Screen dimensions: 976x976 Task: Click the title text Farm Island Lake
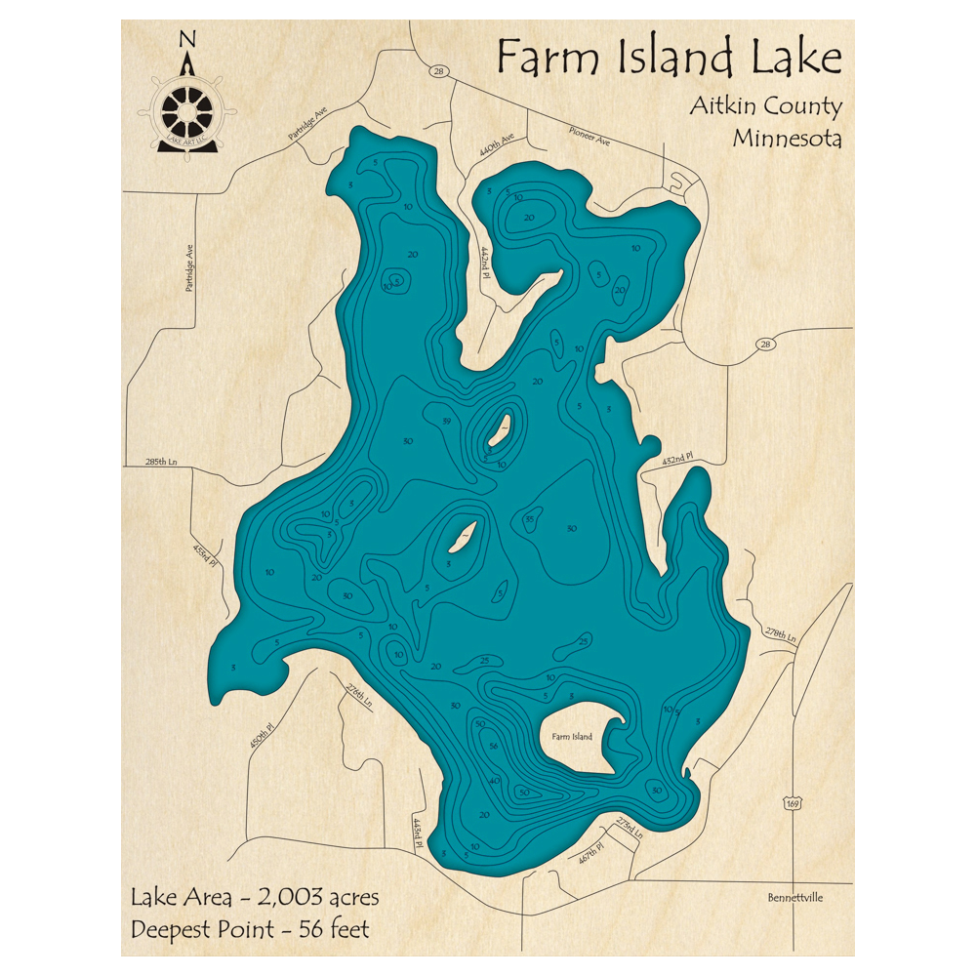[x=669, y=59]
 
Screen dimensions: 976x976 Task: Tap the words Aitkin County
[x=765, y=106]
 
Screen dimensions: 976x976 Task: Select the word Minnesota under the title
[x=787, y=138]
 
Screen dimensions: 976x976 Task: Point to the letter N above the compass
[x=188, y=39]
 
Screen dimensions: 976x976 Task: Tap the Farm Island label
[x=571, y=736]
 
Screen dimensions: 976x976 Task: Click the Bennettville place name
[x=795, y=897]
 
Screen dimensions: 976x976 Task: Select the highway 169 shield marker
[x=793, y=801]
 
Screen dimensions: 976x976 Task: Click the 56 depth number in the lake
[x=494, y=747]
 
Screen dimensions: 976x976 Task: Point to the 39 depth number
[x=446, y=421]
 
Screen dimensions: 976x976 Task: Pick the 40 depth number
[x=494, y=781]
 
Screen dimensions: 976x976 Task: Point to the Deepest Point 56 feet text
[x=251, y=929]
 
